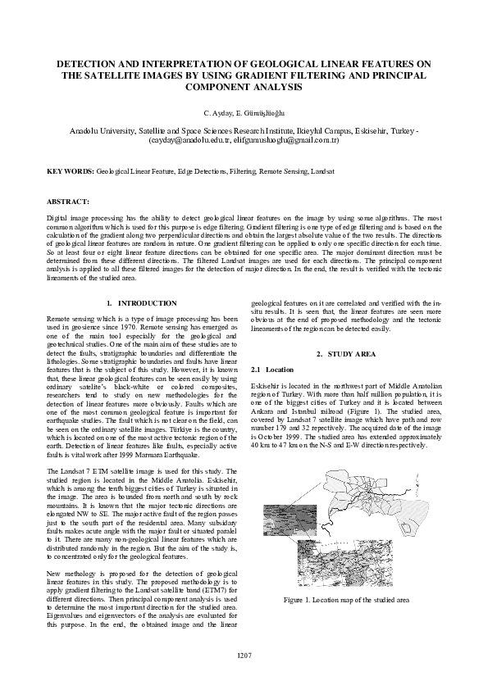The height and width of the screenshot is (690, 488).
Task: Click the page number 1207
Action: click(244, 656)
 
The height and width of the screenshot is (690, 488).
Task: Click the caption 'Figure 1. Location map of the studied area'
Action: click(346, 600)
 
